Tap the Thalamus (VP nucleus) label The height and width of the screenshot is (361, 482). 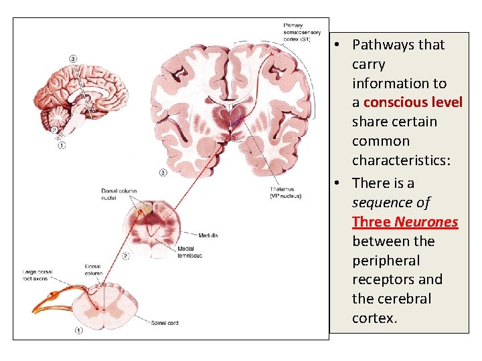click(x=286, y=193)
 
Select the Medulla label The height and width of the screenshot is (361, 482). click(x=208, y=235)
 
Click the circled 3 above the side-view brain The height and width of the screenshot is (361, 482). click(x=72, y=58)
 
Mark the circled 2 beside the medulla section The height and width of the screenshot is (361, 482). click(x=126, y=255)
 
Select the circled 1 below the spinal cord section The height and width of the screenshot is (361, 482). click(x=79, y=330)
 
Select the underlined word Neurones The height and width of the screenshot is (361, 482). click(x=426, y=221)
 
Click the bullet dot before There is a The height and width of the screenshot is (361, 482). click(x=339, y=183)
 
